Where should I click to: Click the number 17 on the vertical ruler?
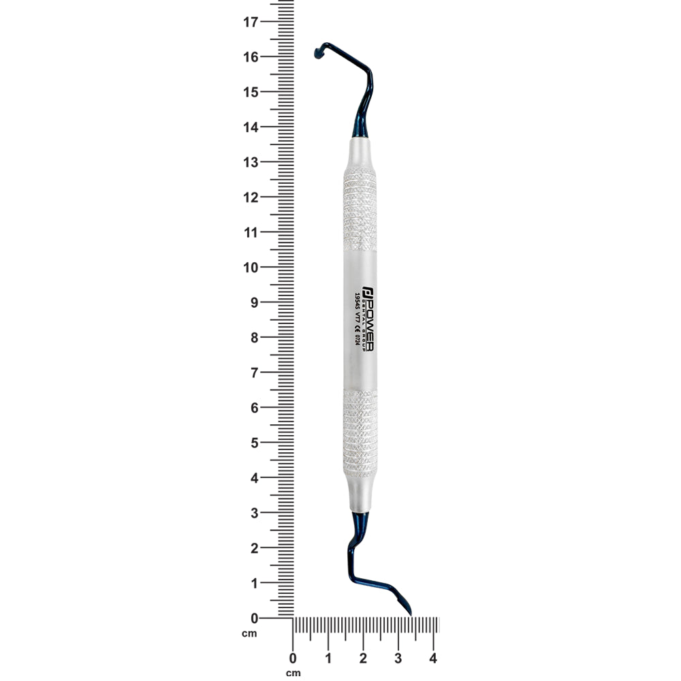[251, 22]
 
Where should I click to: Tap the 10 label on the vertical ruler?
[251, 268]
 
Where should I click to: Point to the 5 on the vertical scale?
[254, 443]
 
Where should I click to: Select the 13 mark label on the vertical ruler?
[251, 162]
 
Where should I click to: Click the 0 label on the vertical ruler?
[254, 618]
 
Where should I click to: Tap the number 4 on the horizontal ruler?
[433, 659]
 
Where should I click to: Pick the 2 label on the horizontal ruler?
[363, 659]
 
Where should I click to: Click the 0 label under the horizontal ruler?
[293, 659]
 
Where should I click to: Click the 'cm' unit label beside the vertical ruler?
[249, 634]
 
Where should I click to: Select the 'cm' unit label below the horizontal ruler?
[293, 673]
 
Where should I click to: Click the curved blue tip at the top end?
[318, 52]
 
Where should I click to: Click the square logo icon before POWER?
[368, 289]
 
